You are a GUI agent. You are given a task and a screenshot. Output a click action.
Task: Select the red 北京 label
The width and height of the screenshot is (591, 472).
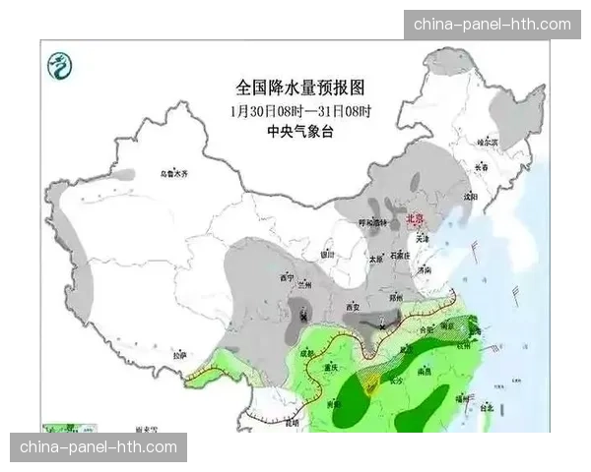[418, 220]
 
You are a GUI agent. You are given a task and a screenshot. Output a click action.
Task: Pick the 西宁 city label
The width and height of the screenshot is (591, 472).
[288, 276]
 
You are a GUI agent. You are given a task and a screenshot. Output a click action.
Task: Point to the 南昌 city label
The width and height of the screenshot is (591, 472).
[425, 372]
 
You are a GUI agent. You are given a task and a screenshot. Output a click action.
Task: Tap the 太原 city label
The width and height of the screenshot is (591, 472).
[375, 260]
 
